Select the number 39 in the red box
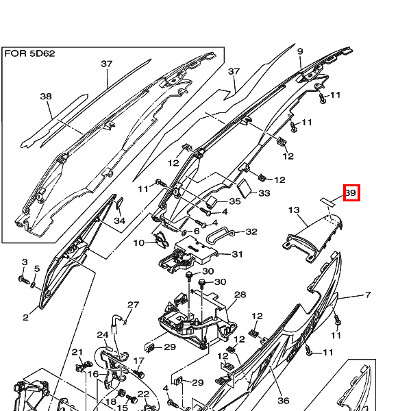pyautogui.click(x=350, y=194)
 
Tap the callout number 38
pyautogui.click(x=46, y=97)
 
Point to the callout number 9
pyautogui.click(x=300, y=51)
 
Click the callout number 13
pyautogui.click(x=294, y=210)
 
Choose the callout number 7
pyautogui.click(x=368, y=295)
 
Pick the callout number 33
pyautogui.click(x=264, y=194)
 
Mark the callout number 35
pyautogui.click(x=234, y=201)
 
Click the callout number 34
pyautogui.click(x=120, y=221)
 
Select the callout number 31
pyautogui.click(x=237, y=254)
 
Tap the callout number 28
pyautogui.click(x=240, y=295)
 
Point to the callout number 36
pyautogui.click(x=283, y=401)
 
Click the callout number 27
pyautogui.click(x=133, y=305)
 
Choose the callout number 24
pyautogui.click(x=103, y=335)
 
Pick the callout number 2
pyautogui.click(x=25, y=317)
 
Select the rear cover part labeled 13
pyautogui.click(x=312, y=236)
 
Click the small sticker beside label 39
pyautogui.click(x=327, y=200)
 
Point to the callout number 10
pyautogui.click(x=139, y=242)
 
